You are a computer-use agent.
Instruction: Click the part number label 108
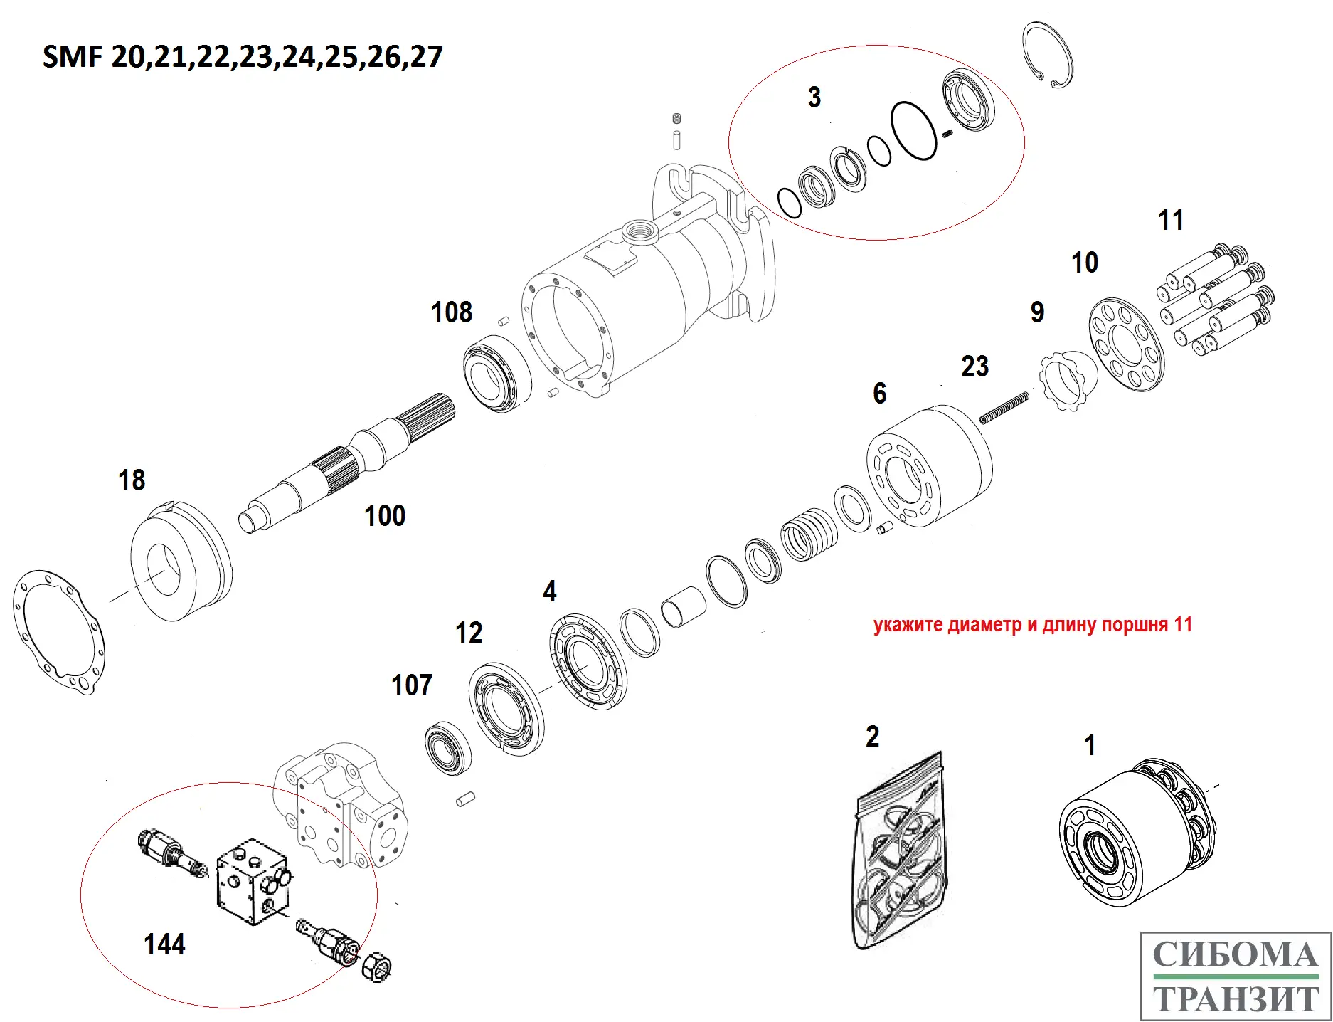coord(452,312)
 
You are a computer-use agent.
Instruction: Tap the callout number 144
coord(164,944)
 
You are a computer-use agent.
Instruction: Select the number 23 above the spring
coord(974,367)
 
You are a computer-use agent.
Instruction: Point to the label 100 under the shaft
coord(385,516)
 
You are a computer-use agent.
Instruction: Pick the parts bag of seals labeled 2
coord(900,854)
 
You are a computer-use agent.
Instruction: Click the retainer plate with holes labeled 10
coord(1127,344)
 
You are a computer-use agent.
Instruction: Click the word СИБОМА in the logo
coord(1235,955)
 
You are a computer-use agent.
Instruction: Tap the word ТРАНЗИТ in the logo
coord(1236,998)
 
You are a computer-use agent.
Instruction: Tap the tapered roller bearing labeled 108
coord(497,373)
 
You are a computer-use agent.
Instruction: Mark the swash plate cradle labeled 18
coord(181,562)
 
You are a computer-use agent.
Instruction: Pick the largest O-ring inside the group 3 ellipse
coord(914,131)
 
